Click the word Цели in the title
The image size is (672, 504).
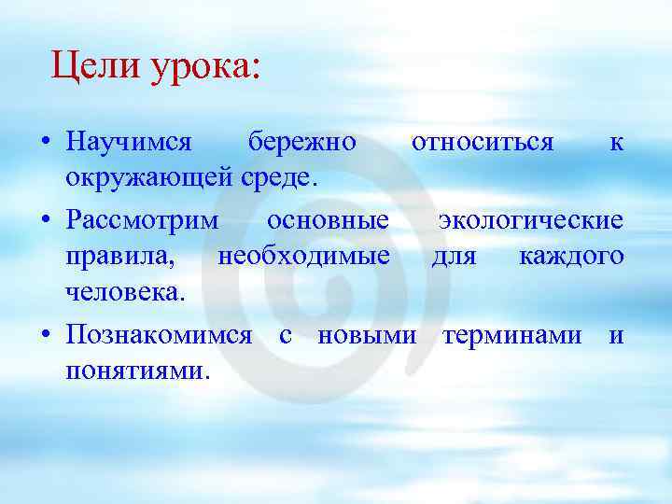(92, 66)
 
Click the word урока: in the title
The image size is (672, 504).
(202, 67)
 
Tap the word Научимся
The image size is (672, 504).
(129, 142)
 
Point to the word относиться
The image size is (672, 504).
(483, 142)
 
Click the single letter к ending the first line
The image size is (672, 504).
(616, 143)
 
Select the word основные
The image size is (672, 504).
(328, 220)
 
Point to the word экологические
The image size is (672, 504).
(530, 220)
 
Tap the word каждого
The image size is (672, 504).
(571, 256)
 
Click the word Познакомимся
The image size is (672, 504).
(159, 334)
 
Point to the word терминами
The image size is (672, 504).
(512, 334)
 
